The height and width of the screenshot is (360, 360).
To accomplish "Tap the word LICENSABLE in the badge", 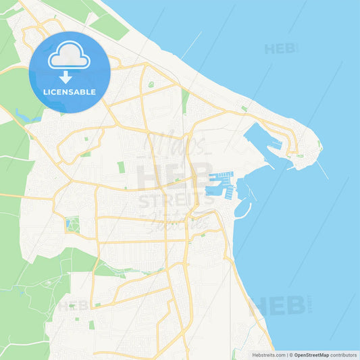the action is tap(70, 91).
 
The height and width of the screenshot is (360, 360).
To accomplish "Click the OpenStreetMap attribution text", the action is tap(311, 355).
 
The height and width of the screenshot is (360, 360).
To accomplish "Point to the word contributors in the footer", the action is tap(344, 355).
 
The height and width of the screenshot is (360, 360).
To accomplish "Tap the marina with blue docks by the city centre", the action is tap(221, 184).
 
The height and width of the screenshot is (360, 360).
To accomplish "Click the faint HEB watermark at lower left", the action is tap(73, 306).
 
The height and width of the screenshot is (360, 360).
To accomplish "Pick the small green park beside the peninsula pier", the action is tap(299, 155).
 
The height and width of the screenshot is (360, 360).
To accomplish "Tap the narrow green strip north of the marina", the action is tap(184, 101).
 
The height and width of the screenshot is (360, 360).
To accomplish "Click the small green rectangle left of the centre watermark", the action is tap(121, 167).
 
